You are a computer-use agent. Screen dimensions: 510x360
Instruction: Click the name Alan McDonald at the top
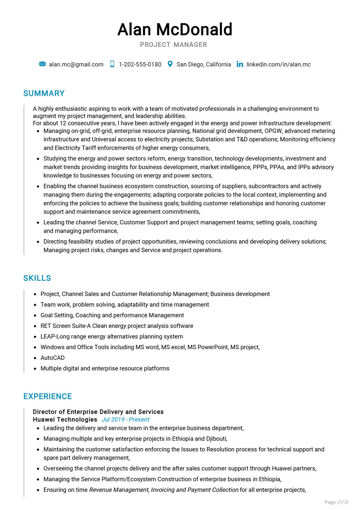coord(175,30)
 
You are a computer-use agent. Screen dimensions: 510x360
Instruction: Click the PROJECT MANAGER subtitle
coord(173,45)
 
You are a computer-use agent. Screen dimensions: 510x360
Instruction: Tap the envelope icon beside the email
coord(43,64)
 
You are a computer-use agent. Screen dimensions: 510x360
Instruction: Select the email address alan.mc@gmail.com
coord(76,64)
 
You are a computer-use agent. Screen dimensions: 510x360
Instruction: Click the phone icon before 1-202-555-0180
coord(112,64)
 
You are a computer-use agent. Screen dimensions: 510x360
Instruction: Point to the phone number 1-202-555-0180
coord(140,64)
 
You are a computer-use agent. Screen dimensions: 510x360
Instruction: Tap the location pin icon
coord(170,64)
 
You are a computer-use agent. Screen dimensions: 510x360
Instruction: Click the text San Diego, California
coord(203,64)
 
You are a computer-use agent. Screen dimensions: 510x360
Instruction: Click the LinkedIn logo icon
coord(240,64)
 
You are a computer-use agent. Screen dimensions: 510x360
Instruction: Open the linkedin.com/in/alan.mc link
coord(278,64)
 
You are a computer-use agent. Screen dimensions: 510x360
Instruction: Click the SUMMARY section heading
coord(44,93)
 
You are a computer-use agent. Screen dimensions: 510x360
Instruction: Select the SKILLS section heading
coord(37,278)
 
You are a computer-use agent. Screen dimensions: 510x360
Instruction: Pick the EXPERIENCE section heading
coord(47,396)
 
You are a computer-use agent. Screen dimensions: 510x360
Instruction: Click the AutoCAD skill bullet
coord(52,358)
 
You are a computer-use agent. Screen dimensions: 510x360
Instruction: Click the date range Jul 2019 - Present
coord(125,420)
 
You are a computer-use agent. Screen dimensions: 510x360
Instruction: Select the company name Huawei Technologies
coord(65,420)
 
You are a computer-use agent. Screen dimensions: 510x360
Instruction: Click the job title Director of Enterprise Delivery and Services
coord(98,412)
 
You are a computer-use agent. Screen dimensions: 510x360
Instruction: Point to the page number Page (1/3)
coord(336,502)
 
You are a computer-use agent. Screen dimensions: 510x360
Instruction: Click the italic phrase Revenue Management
coord(119,490)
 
